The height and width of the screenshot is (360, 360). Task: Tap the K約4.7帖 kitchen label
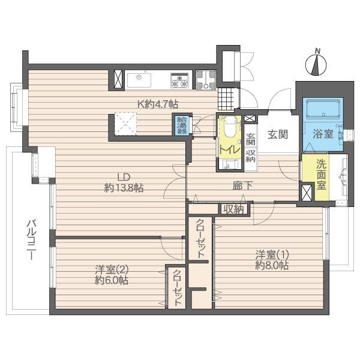pyautogui.click(x=157, y=104)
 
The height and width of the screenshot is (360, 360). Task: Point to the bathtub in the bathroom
pyautogui.click(x=323, y=110)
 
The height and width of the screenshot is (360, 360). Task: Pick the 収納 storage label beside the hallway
pyautogui.click(x=233, y=209)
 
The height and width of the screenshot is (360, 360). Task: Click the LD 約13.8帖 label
pyautogui.click(x=124, y=182)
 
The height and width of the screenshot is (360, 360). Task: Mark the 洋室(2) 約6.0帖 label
pyautogui.click(x=110, y=275)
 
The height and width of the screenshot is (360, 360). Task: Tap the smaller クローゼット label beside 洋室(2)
pyautogui.click(x=178, y=288)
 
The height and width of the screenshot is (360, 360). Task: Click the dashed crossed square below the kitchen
pyautogui.click(x=126, y=125)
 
